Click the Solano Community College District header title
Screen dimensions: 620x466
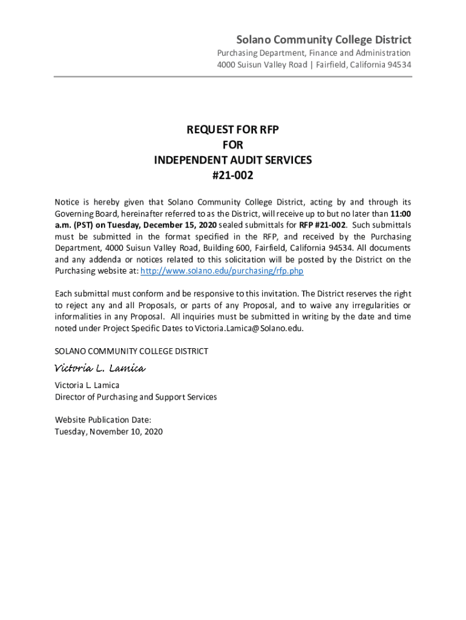click(323, 40)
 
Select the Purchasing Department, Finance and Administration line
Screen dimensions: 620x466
click(313, 53)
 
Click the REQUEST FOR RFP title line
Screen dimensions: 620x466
click(232, 130)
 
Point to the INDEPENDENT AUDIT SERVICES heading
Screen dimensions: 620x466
click(232, 160)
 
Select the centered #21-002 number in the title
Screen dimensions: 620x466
click(232, 176)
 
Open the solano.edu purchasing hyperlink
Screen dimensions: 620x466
click(222, 271)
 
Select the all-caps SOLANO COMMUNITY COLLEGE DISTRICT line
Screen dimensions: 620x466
click(131, 351)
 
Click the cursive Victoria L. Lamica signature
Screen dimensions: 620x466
click(100, 369)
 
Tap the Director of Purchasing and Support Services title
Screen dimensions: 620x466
click(136, 397)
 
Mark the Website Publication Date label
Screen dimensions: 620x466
click(103, 420)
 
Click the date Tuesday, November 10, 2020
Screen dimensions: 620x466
click(109, 432)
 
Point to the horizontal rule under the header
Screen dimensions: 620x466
click(233, 77)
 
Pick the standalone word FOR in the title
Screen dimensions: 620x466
click(232, 145)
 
